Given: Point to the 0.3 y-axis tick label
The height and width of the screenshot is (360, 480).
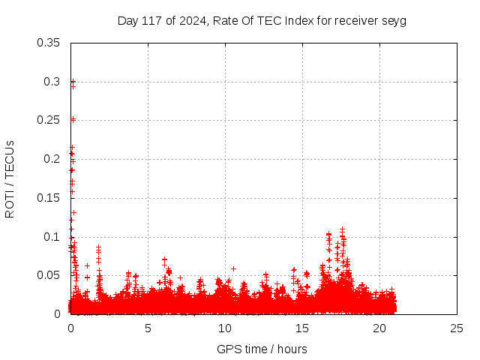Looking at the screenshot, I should pyautogui.click(x=54, y=81).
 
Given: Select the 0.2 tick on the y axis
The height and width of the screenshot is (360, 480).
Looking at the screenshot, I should pyautogui.click(x=54, y=159).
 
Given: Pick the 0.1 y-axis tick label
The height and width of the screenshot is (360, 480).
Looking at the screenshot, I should pyautogui.click(x=54, y=237).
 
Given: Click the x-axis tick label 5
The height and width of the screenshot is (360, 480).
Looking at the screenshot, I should pyautogui.click(x=148, y=328).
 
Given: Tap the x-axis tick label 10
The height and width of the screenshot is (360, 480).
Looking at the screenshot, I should pyautogui.click(x=225, y=328).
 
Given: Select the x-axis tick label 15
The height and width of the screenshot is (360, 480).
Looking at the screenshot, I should pyautogui.click(x=302, y=328).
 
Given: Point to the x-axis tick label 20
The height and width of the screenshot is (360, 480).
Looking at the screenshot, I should pyautogui.click(x=379, y=328).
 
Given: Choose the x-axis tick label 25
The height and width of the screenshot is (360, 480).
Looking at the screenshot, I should pyautogui.click(x=457, y=328).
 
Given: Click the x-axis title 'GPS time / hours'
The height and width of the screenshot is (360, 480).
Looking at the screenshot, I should pyautogui.click(x=262, y=349).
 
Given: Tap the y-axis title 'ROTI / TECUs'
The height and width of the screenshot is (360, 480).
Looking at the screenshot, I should pyautogui.click(x=10, y=178).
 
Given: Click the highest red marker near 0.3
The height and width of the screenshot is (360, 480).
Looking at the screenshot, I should pyautogui.click(x=73, y=82).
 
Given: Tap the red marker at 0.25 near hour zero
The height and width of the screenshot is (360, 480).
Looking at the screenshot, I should pyautogui.click(x=73, y=119).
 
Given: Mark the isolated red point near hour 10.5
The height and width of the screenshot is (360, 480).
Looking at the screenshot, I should pyautogui.click(x=233, y=268).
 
